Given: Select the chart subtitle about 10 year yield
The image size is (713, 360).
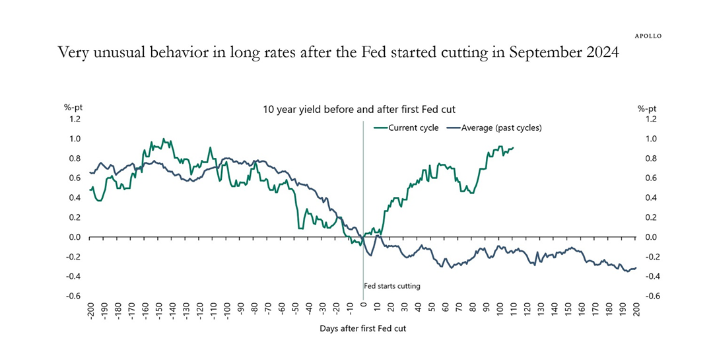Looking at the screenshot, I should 359,109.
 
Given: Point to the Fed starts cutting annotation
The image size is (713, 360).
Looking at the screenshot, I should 392,286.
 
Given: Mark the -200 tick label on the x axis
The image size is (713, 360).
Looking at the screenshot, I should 90,310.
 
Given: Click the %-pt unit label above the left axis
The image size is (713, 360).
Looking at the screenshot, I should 73,108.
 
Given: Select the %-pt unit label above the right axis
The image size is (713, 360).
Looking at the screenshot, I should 647,108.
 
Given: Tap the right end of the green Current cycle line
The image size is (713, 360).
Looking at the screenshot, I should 514,148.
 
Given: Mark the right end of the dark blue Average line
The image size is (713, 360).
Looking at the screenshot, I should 636,268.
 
